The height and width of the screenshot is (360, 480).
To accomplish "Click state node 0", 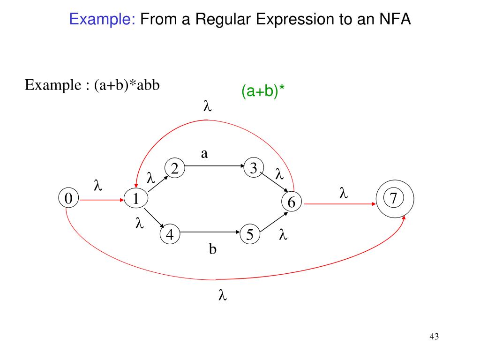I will [68, 199].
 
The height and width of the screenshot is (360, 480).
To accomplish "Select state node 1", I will [135, 199].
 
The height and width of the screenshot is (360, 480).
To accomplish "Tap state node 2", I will [174, 168].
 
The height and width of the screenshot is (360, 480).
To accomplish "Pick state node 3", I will [254, 168].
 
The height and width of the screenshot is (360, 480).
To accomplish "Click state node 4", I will [170, 234].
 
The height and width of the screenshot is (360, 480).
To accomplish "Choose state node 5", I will [250, 234].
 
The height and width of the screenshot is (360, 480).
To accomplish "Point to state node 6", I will [291, 202].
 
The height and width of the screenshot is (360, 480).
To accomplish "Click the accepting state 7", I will [394, 199].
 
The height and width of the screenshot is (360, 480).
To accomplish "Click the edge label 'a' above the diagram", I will [204, 153].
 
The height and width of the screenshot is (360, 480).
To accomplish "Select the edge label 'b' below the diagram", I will [212, 249].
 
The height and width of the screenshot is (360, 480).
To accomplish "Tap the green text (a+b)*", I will [263, 91].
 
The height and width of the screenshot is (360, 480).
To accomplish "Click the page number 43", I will [434, 337].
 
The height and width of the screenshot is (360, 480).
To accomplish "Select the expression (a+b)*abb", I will [127, 85].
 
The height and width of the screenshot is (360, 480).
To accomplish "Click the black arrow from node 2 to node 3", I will [214, 165].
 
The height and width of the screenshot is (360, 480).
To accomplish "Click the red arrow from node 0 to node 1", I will [101, 200].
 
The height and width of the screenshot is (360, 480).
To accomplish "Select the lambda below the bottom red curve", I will [222, 296].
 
